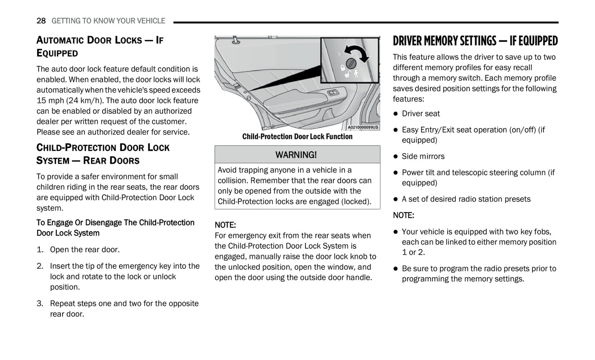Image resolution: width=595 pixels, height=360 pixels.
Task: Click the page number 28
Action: [x=41, y=21]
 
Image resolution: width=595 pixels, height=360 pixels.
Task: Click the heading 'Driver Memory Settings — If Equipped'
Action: [x=475, y=41]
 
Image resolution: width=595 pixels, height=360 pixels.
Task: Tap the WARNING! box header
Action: [x=296, y=155]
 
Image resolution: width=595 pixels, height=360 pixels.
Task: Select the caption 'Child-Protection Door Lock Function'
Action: [x=297, y=137]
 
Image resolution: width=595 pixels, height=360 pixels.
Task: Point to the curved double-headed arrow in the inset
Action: [x=357, y=52]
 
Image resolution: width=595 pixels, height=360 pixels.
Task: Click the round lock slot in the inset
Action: [x=351, y=63]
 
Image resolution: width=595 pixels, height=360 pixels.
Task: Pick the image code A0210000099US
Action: [x=363, y=128]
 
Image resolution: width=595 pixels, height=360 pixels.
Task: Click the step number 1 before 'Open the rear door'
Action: [x=40, y=250]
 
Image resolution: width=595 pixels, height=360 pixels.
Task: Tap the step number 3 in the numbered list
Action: [x=40, y=304]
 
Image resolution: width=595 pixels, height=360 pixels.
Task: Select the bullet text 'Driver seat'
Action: [x=420, y=114]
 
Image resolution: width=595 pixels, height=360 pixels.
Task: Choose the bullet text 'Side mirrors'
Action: [x=423, y=157]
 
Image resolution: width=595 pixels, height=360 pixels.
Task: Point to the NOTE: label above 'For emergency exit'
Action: [x=225, y=225]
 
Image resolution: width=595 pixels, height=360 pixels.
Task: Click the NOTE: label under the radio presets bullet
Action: [x=403, y=215]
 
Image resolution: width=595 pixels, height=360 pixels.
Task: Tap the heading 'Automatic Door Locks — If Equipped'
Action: [x=100, y=46]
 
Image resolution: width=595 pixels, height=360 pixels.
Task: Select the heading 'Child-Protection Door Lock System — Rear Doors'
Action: [x=103, y=154]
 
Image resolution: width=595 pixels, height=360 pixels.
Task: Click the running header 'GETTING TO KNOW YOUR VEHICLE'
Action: [x=108, y=21]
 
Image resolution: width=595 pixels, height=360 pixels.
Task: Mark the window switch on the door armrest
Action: [x=333, y=92]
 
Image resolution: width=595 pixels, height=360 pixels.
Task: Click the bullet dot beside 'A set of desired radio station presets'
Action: [x=395, y=199]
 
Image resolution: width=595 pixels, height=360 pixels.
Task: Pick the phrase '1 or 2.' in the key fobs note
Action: [x=413, y=252]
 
